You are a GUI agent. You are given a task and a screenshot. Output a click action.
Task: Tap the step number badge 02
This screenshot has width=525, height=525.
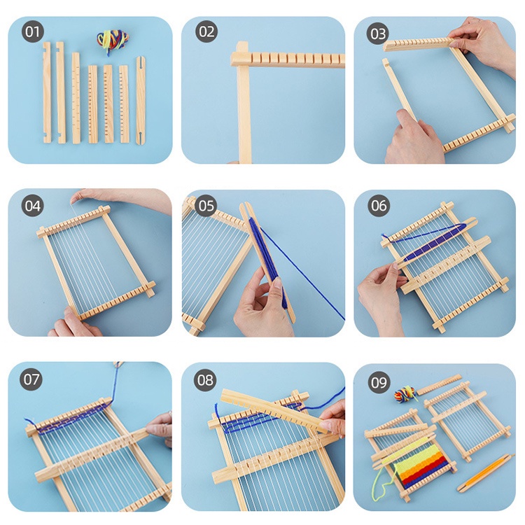tap(206, 32)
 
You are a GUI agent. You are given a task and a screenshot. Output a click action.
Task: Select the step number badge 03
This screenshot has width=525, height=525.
tap(379, 32)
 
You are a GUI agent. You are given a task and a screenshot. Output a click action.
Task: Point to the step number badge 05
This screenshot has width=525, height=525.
tap(206, 205)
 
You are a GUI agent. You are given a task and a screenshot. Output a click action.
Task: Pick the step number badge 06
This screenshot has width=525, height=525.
tap(379, 205)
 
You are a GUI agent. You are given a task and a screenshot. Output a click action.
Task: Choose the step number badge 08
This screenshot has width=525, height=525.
tap(206, 379)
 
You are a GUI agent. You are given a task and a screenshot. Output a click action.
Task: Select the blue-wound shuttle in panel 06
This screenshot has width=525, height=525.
tap(434, 242)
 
